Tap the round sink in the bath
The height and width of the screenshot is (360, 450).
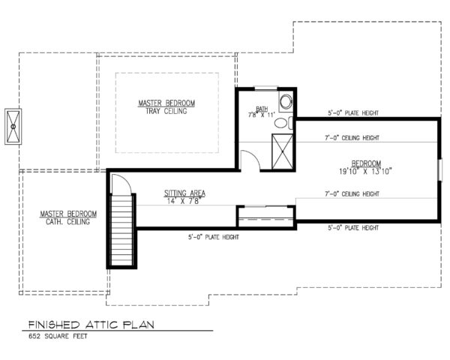tap(285, 103)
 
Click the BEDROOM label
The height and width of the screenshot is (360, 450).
tap(366, 163)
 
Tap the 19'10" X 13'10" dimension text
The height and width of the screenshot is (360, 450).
tap(366, 170)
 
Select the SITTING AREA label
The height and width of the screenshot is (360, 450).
tap(185, 193)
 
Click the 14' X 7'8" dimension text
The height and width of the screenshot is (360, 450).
tap(185, 200)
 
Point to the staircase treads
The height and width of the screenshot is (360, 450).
tap(121, 224)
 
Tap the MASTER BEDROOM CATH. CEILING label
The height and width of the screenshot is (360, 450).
tap(64, 217)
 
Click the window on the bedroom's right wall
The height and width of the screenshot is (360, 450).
tap(441, 169)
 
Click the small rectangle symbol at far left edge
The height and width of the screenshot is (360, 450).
tap(13, 127)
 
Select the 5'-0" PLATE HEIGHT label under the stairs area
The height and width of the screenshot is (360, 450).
tap(213, 237)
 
